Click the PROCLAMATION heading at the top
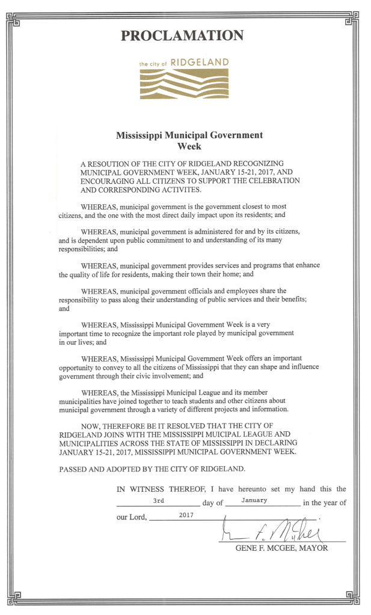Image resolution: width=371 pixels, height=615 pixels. [x=182, y=35]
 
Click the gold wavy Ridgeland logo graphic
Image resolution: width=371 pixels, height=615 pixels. [x=184, y=83]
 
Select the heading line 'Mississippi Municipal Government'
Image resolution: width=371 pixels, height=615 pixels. [x=189, y=135]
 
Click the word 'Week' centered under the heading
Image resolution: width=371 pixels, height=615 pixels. [x=189, y=146]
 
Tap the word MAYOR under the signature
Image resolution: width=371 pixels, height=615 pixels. [x=313, y=548]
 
